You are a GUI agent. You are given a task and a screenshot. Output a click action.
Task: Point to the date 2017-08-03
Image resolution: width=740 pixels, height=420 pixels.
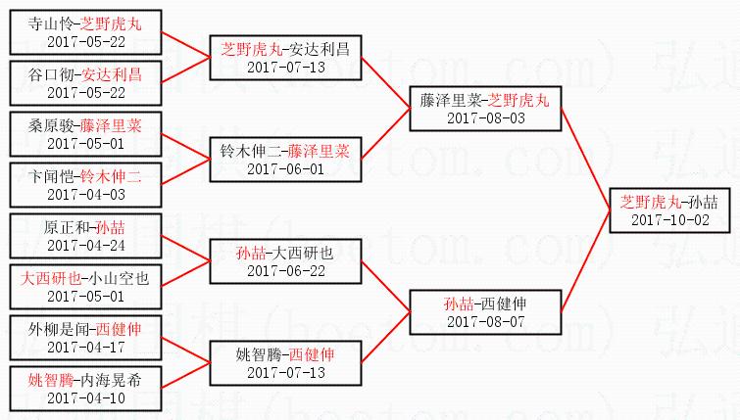coord(485,117)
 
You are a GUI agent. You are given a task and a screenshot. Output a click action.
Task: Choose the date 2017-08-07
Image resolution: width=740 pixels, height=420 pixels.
coord(485,321)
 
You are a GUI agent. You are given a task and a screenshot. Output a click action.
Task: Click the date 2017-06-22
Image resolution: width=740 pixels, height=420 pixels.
coord(285,270)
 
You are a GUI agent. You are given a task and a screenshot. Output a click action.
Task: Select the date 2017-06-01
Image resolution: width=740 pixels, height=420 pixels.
coord(285,168)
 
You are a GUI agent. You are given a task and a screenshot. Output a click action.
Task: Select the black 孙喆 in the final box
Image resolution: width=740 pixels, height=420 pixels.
coord(702,202)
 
